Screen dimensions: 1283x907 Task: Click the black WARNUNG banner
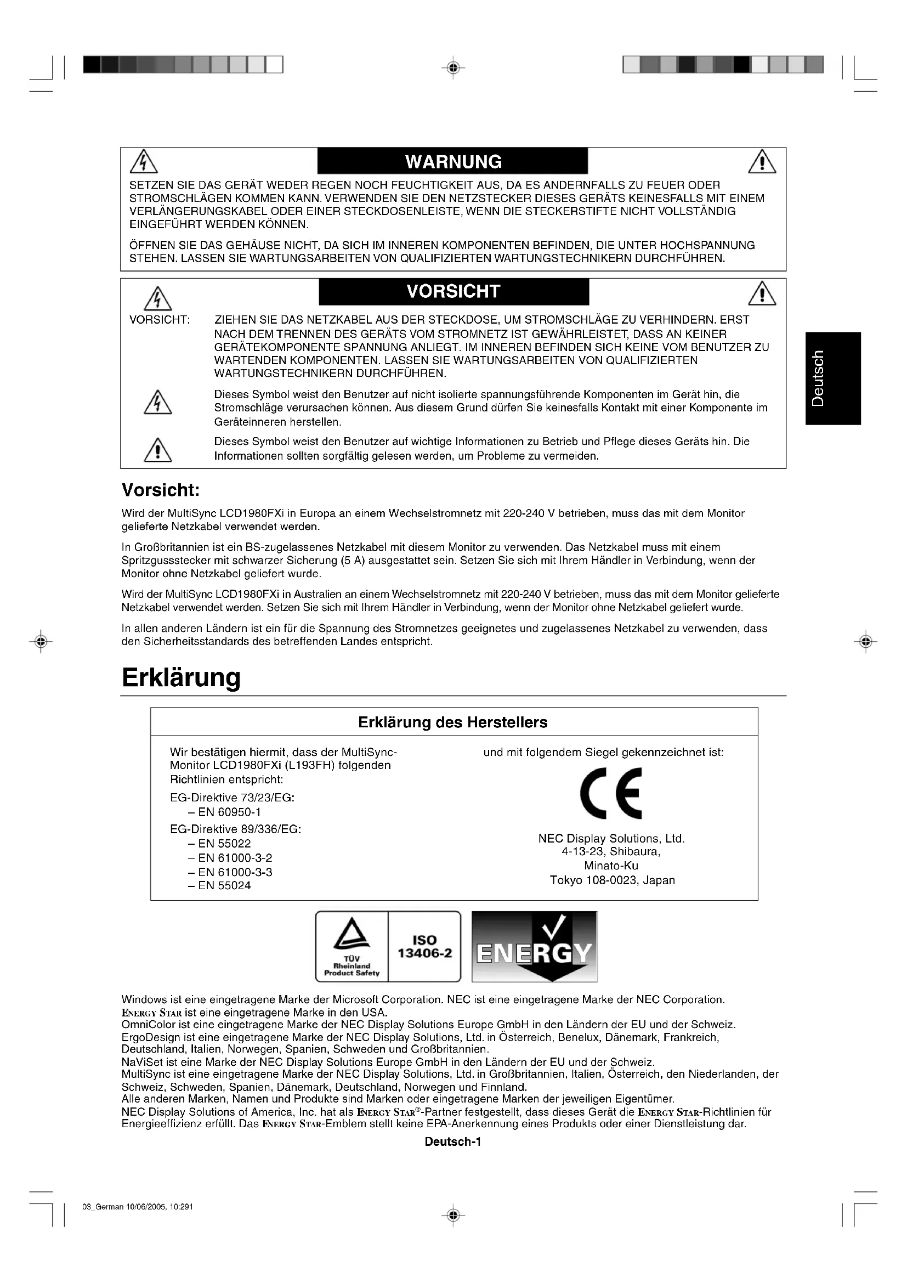tap(452, 161)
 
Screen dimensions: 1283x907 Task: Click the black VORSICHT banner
tap(453, 292)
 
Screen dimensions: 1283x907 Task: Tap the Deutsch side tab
tap(833, 378)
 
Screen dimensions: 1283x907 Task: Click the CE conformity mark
tap(611, 794)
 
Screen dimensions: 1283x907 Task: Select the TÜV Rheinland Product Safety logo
tap(352, 946)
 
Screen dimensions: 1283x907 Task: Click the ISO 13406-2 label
tap(424, 946)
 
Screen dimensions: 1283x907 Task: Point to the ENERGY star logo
tap(535, 947)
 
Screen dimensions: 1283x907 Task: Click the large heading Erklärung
tap(181, 677)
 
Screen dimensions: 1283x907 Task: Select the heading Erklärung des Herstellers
tap(452, 722)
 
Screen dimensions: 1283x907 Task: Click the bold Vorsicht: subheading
tap(161, 490)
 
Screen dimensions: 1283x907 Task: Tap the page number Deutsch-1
tap(453, 1142)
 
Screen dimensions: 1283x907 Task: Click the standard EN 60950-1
tap(229, 812)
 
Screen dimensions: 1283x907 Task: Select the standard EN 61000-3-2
tap(235, 858)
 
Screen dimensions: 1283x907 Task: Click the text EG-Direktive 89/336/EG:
tap(235, 829)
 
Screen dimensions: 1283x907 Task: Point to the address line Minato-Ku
tap(611, 866)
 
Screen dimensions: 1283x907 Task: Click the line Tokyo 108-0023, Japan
tap(612, 880)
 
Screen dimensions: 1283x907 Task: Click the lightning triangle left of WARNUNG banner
tap(144, 162)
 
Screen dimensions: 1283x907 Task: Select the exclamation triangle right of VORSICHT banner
tap(762, 294)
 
